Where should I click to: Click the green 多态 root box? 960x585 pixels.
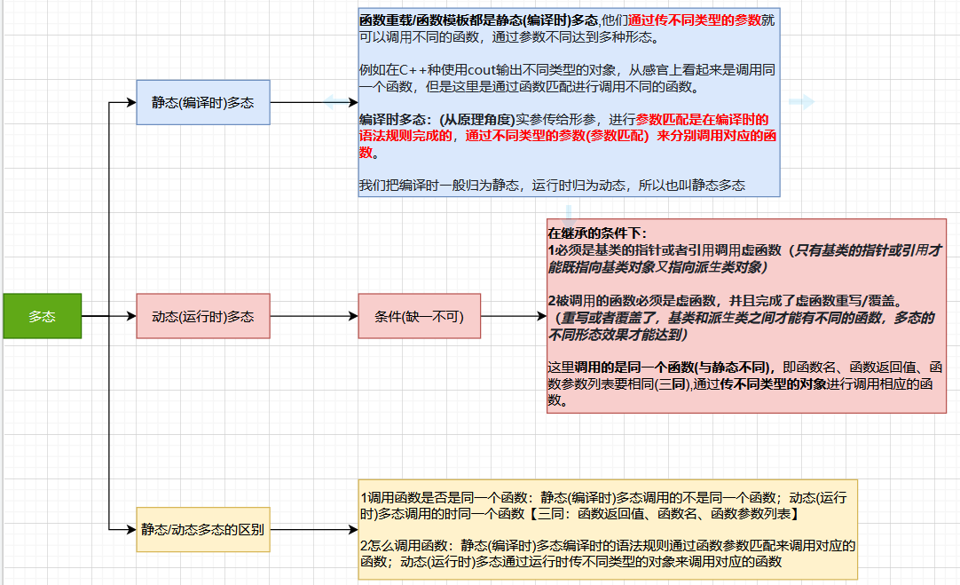[x=42, y=315]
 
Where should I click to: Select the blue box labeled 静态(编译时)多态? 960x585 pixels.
[x=202, y=102]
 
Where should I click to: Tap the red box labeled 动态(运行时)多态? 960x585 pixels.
[x=202, y=316]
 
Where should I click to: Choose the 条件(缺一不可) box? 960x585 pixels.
[x=419, y=316]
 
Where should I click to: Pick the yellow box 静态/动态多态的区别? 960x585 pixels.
[x=202, y=530]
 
